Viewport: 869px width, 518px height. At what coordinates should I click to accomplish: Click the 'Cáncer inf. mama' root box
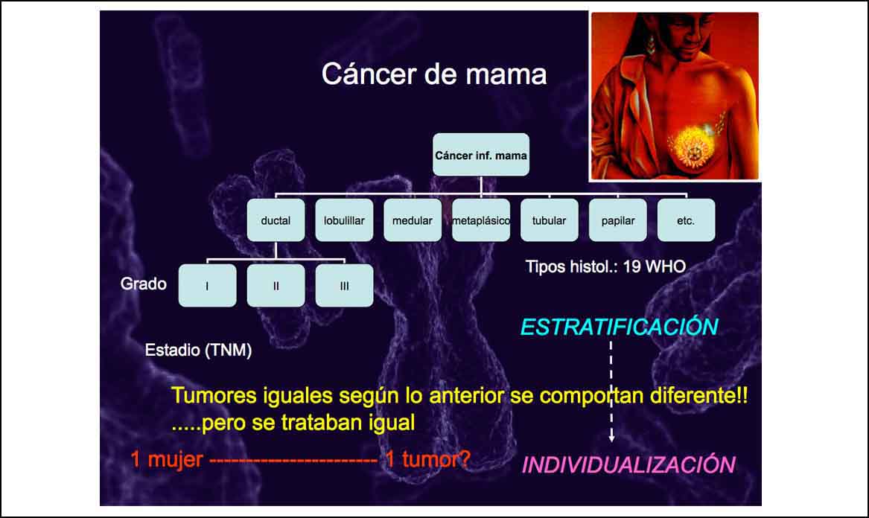(x=481, y=155)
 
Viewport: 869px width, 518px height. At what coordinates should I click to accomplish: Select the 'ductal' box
(x=276, y=220)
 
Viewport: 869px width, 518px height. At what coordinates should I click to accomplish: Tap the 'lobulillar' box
(x=344, y=220)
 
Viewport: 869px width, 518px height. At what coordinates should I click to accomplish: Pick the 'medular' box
(x=413, y=220)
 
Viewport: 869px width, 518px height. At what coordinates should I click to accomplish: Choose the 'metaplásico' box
(x=481, y=220)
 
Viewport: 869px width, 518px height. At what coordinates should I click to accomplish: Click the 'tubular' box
(x=550, y=220)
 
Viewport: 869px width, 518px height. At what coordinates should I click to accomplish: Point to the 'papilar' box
(x=618, y=220)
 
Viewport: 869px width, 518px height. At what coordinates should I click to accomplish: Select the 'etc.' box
(x=686, y=220)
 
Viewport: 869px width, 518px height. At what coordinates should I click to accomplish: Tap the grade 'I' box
(x=207, y=285)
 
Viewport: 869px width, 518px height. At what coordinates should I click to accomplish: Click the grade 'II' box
(x=276, y=285)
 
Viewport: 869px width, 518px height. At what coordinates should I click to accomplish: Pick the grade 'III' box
(x=344, y=285)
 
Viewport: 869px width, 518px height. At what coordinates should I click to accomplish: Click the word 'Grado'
(x=144, y=284)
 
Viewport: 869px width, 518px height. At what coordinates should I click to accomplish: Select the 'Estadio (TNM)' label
(x=198, y=350)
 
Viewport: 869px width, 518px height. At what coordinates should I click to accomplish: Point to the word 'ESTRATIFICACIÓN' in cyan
(x=619, y=327)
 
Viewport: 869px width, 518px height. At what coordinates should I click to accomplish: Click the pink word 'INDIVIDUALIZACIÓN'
(x=629, y=465)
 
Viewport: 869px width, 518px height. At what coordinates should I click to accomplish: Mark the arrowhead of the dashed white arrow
(x=611, y=438)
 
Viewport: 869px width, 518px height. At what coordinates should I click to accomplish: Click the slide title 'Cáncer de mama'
(x=435, y=74)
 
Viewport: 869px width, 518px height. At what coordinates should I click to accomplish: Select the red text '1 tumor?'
(x=428, y=459)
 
